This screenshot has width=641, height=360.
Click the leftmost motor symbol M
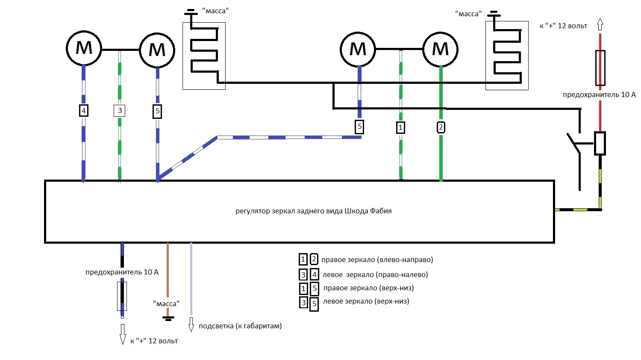click(x=84, y=48)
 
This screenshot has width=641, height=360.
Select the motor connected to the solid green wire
click(x=441, y=49)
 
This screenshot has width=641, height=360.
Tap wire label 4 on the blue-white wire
click(x=84, y=111)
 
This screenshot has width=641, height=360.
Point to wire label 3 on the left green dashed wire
click(x=120, y=110)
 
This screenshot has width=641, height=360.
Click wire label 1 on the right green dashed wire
click(x=400, y=127)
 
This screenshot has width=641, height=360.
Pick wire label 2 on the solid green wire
click(x=441, y=127)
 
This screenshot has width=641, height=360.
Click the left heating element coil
click(x=204, y=56)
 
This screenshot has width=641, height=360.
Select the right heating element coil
click(x=507, y=56)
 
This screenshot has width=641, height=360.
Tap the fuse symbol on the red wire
click(x=600, y=68)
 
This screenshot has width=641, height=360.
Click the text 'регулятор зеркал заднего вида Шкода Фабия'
click(x=313, y=211)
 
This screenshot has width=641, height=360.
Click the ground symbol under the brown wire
click(x=168, y=318)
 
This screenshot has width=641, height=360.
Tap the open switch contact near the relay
click(x=573, y=143)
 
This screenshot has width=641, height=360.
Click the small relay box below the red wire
click(x=600, y=143)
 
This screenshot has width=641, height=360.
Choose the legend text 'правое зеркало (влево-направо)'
click(x=377, y=260)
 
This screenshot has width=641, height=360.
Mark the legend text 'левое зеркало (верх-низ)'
click(x=366, y=301)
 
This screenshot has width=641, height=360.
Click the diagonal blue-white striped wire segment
click(x=188, y=157)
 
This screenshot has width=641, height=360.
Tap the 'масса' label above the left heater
click(x=215, y=11)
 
